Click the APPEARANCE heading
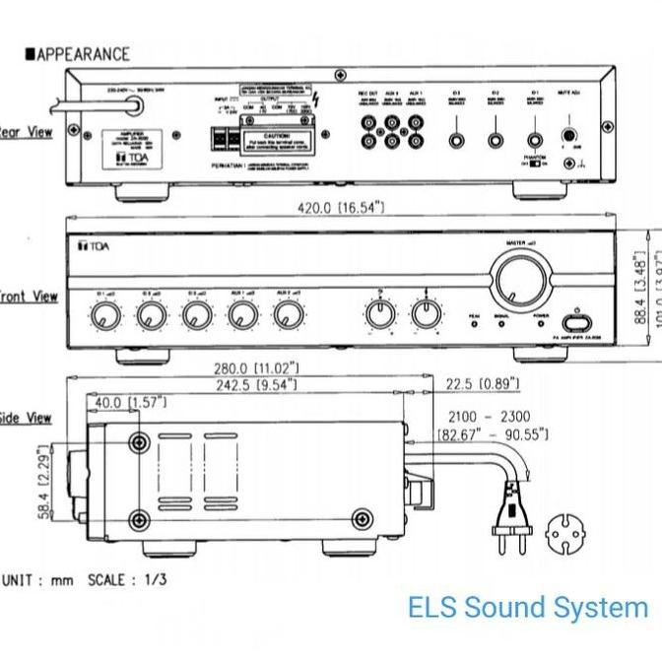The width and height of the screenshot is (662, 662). (x=84, y=54)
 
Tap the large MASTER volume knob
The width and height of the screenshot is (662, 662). (x=521, y=280)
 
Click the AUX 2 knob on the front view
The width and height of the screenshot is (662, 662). (x=287, y=315)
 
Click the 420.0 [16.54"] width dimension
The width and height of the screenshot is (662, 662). (x=341, y=208)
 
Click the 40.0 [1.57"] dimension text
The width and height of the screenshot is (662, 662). (x=131, y=402)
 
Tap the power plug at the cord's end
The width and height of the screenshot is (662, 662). (x=510, y=516)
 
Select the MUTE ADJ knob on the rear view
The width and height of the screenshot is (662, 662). (x=568, y=138)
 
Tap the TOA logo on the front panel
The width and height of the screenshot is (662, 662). (x=96, y=245)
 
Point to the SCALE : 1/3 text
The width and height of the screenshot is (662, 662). (x=127, y=579)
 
